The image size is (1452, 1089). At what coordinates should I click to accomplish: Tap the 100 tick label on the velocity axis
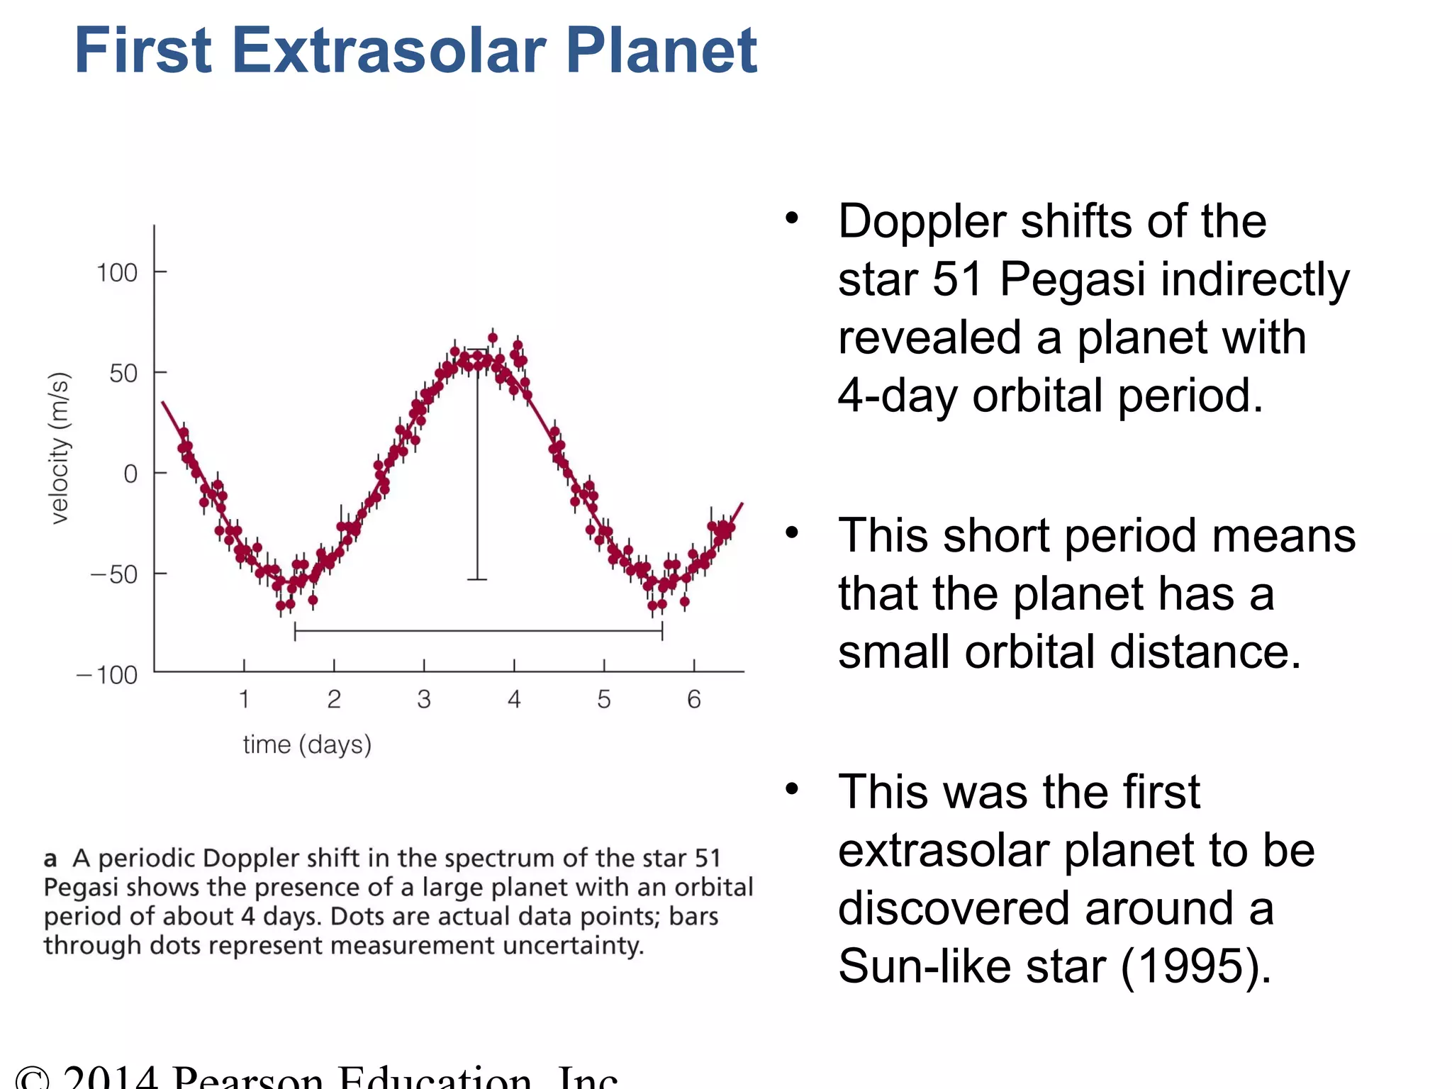pos(117,273)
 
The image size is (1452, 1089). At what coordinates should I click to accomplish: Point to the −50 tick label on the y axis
pos(114,574)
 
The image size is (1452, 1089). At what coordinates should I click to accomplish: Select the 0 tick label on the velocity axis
pos(130,474)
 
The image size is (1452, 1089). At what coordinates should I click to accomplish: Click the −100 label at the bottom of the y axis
pos(107,675)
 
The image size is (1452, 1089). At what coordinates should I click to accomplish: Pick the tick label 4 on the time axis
pos(514,700)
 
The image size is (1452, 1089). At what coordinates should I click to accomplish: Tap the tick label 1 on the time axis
pos(244,700)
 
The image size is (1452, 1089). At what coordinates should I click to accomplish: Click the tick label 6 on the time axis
pos(694,700)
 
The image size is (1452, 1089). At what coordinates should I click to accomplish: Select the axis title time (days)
pos(307,744)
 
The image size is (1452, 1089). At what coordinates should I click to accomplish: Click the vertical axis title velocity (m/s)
pos(60,448)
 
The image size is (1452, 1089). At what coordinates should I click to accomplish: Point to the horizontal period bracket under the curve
pos(479,630)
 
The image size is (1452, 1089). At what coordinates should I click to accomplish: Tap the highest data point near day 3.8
pos(493,337)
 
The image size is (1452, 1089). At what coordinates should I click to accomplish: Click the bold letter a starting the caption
pos(50,859)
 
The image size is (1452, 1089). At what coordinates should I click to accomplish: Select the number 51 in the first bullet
pos(957,279)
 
